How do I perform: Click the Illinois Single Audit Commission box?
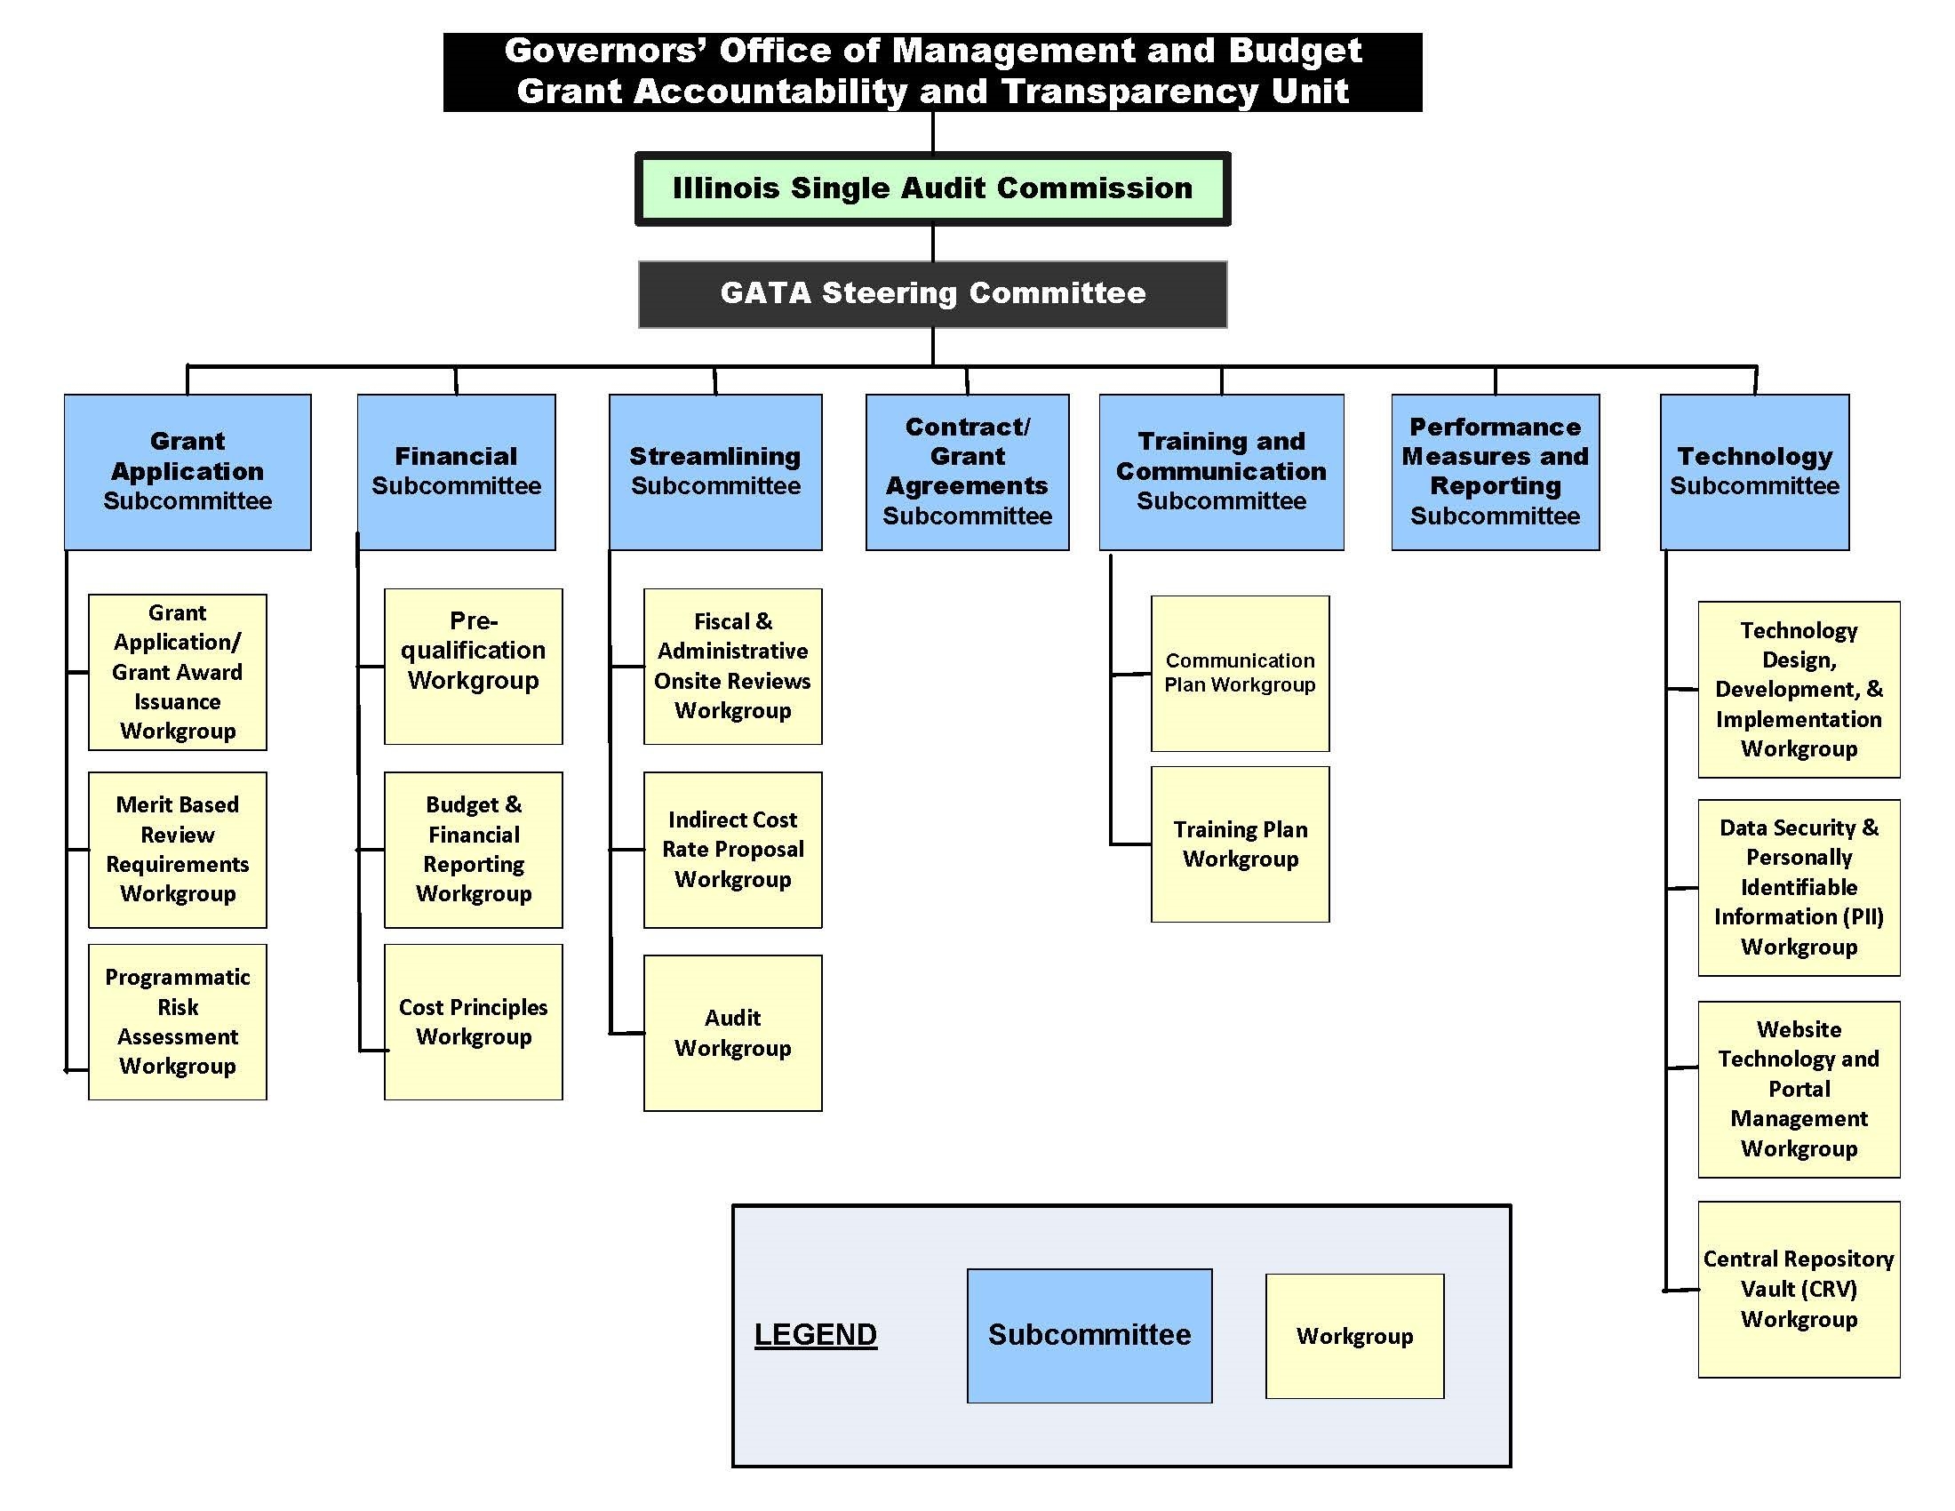(932, 188)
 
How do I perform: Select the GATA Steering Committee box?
(932, 293)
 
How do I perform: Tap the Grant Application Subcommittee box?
(188, 472)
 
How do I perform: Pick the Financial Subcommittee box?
(456, 472)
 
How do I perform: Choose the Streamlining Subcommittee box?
(715, 472)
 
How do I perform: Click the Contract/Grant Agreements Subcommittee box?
(967, 472)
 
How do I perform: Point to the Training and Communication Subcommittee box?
(1221, 472)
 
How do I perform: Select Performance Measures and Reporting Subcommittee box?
(1495, 472)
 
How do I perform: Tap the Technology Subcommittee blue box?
(1753, 472)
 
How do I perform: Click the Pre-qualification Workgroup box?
(473, 666)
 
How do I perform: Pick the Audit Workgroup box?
(732, 1033)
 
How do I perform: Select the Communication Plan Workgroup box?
(1240, 673)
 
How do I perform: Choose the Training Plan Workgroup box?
(1240, 844)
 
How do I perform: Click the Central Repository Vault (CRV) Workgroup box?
(1799, 1289)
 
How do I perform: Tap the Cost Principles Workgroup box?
(473, 1021)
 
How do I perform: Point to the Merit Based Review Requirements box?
(177, 850)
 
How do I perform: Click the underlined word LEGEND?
(816, 1335)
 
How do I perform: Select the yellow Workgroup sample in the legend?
(1354, 1336)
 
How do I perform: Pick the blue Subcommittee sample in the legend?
(1089, 1335)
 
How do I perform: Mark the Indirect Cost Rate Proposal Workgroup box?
(732, 850)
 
